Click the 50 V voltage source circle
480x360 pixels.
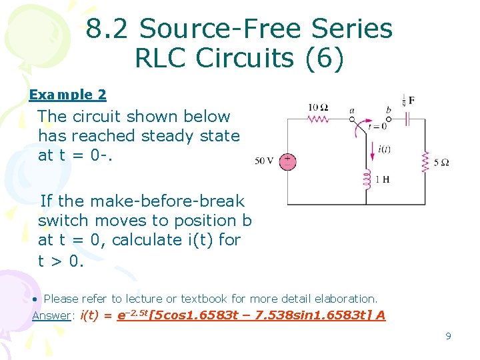[287, 161]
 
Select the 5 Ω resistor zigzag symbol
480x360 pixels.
[425, 161]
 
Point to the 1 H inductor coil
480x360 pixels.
[366, 179]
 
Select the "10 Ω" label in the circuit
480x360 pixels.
[318, 107]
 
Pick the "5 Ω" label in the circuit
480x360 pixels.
[441, 162]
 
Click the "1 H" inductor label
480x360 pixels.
[382, 179]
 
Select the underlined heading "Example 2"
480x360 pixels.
[67, 95]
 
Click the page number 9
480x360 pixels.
[448, 336]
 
